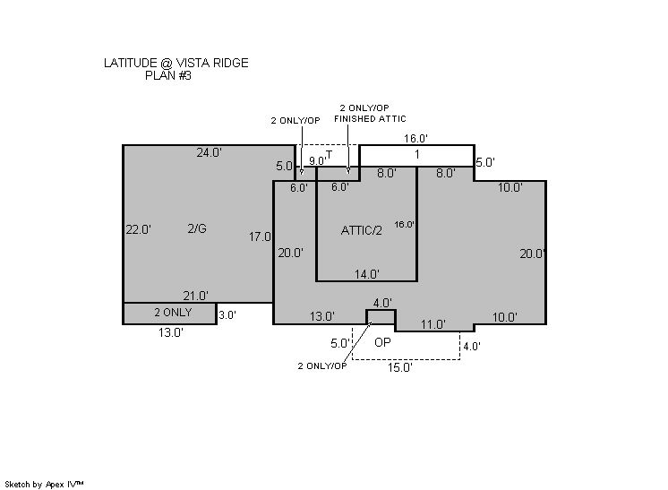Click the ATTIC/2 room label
[361, 230]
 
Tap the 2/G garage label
[197, 228]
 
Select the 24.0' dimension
[210, 152]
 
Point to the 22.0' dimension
[139, 229]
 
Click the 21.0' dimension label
[195, 296]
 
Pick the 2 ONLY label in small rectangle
[173, 313]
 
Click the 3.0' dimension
[227, 315]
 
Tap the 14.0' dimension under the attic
[367, 274]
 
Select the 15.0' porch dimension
[400, 367]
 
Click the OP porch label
[382, 342]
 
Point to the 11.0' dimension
[433, 324]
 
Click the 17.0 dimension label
[260, 236]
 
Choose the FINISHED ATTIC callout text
[370, 119]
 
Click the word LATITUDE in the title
[131, 63]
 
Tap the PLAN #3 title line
[168, 75]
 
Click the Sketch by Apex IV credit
[44, 485]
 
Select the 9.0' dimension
[317, 161]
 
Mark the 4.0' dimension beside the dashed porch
[472, 347]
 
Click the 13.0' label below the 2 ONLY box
[171, 332]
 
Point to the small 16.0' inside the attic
[405, 225]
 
